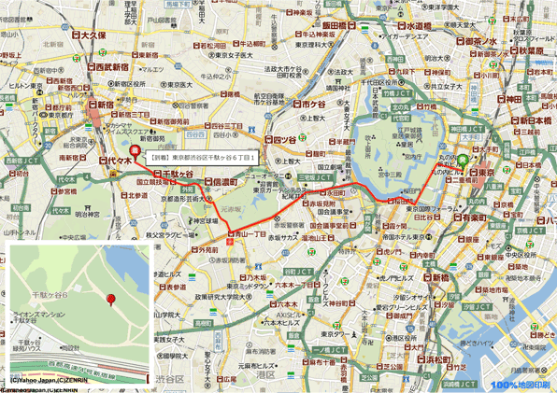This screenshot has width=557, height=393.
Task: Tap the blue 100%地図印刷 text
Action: point(524,384)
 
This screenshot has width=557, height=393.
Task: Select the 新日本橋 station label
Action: point(536,120)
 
